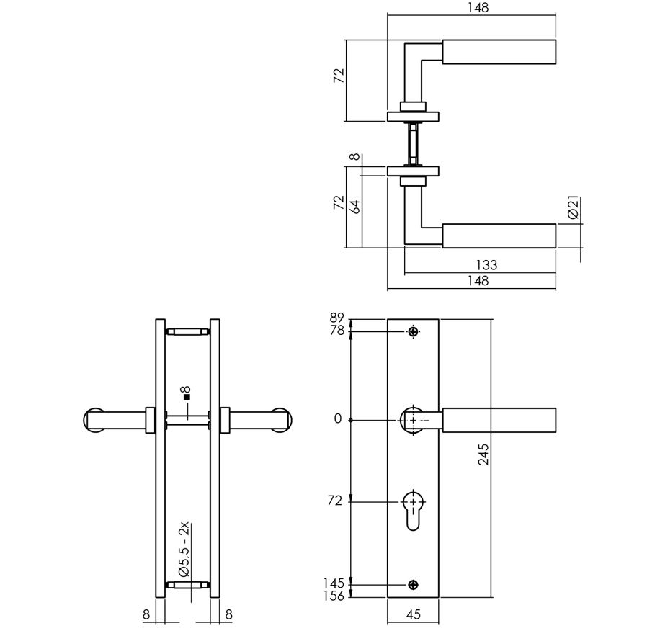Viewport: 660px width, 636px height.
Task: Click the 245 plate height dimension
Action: tap(483, 455)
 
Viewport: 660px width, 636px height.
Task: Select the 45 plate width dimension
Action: tap(412, 616)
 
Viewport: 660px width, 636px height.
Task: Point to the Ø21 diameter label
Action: tap(574, 208)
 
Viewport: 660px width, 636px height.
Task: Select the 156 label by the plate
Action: tap(335, 595)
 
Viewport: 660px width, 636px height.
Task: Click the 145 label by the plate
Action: tap(335, 582)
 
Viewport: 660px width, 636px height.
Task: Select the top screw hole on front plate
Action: tap(412, 331)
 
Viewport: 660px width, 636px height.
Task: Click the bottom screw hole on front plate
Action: tap(412, 584)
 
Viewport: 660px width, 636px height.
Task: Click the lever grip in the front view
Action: tap(499, 420)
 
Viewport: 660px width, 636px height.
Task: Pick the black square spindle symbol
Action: tap(186, 397)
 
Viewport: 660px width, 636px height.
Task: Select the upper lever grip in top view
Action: tap(499, 51)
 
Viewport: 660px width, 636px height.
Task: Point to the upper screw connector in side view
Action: tap(187, 331)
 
